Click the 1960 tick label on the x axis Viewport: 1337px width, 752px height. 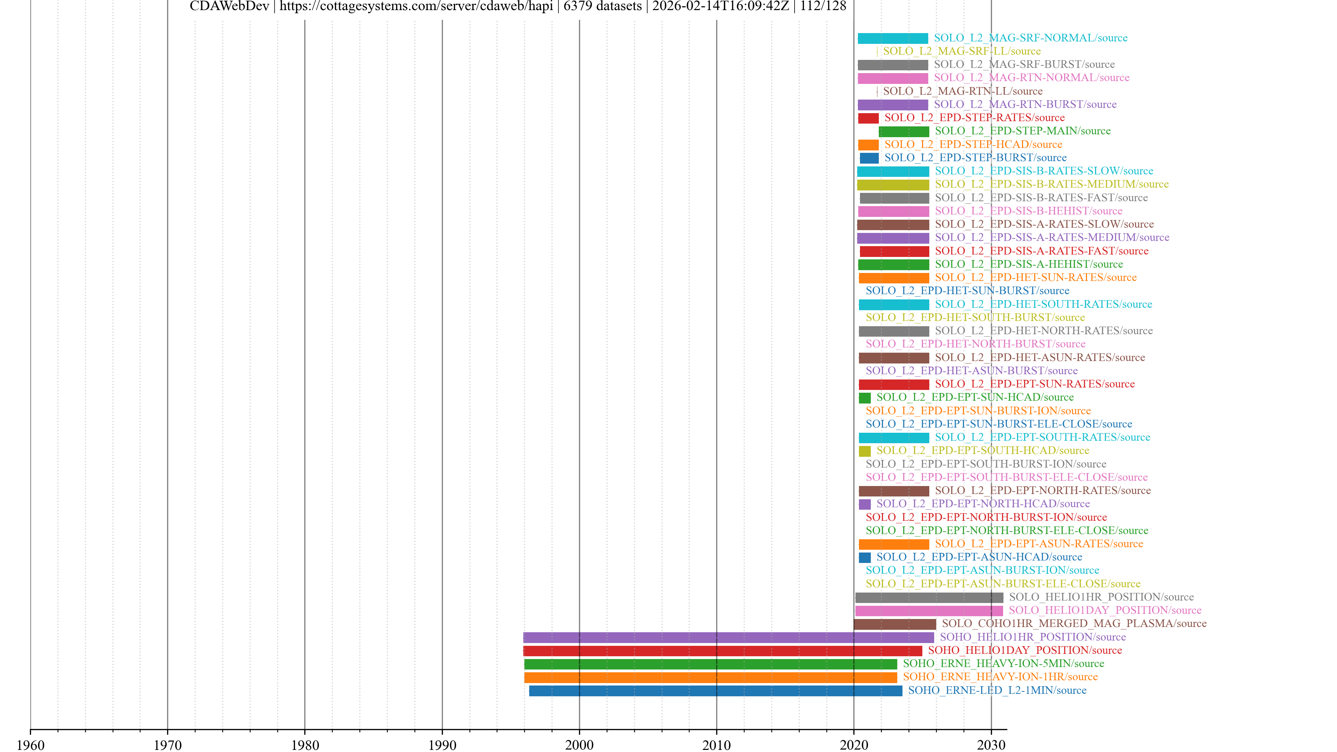pos(31,745)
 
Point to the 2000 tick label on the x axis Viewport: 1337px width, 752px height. pos(579,745)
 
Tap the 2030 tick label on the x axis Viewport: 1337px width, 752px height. pos(991,745)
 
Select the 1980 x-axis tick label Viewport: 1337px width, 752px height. pos(305,745)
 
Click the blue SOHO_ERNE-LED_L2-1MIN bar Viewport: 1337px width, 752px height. pos(715,690)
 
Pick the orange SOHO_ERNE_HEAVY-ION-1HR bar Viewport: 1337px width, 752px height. pos(710,677)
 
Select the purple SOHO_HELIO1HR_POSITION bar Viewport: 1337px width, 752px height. pos(728,637)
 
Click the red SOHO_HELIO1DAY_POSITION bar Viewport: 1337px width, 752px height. pos(722,650)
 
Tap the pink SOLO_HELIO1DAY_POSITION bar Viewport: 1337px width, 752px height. pos(929,610)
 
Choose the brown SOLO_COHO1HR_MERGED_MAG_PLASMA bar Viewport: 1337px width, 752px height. pos(895,624)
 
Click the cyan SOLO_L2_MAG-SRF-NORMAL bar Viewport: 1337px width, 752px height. pos(893,38)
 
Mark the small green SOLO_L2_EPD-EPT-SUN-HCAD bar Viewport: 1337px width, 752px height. pos(865,398)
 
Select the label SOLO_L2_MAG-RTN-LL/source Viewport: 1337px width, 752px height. pos(963,91)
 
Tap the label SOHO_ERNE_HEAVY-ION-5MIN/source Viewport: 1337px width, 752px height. pos(1003,663)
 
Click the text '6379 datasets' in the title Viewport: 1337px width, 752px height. pos(603,6)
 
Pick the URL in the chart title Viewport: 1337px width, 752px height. pos(416,6)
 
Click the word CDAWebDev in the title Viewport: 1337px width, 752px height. pos(229,6)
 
